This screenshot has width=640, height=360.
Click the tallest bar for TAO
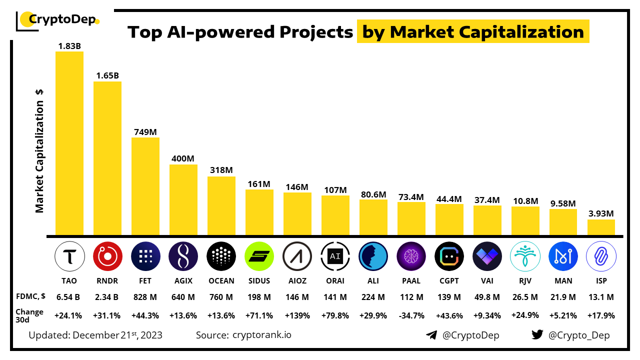pyautogui.click(x=69, y=143)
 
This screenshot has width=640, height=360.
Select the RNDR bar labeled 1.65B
pyautogui.click(x=107, y=158)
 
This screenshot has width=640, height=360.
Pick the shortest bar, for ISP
pyautogui.click(x=601, y=227)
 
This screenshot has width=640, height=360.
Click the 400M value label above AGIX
pyautogui.click(x=183, y=158)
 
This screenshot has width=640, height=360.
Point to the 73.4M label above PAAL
pyautogui.click(x=411, y=196)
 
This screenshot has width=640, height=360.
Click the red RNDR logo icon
pyautogui.click(x=107, y=256)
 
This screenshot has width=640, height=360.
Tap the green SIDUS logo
pyautogui.click(x=259, y=256)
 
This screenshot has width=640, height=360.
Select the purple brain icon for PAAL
pyautogui.click(x=411, y=256)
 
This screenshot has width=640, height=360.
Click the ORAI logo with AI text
pyautogui.click(x=335, y=256)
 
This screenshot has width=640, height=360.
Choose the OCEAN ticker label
pyautogui.click(x=221, y=281)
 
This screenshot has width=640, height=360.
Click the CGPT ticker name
pyautogui.click(x=449, y=281)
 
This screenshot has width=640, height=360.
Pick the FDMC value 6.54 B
pyautogui.click(x=69, y=297)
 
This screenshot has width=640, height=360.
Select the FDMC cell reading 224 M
pyautogui.click(x=373, y=297)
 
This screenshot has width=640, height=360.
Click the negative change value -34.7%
pyautogui.click(x=411, y=315)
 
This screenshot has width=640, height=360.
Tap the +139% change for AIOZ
pyautogui.click(x=297, y=315)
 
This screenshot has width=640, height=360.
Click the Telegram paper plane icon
pyautogui.click(x=431, y=335)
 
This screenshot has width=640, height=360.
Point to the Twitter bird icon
pyautogui.click(x=537, y=335)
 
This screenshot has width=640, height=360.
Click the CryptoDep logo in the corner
pyautogui.click(x=58, y=20)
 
